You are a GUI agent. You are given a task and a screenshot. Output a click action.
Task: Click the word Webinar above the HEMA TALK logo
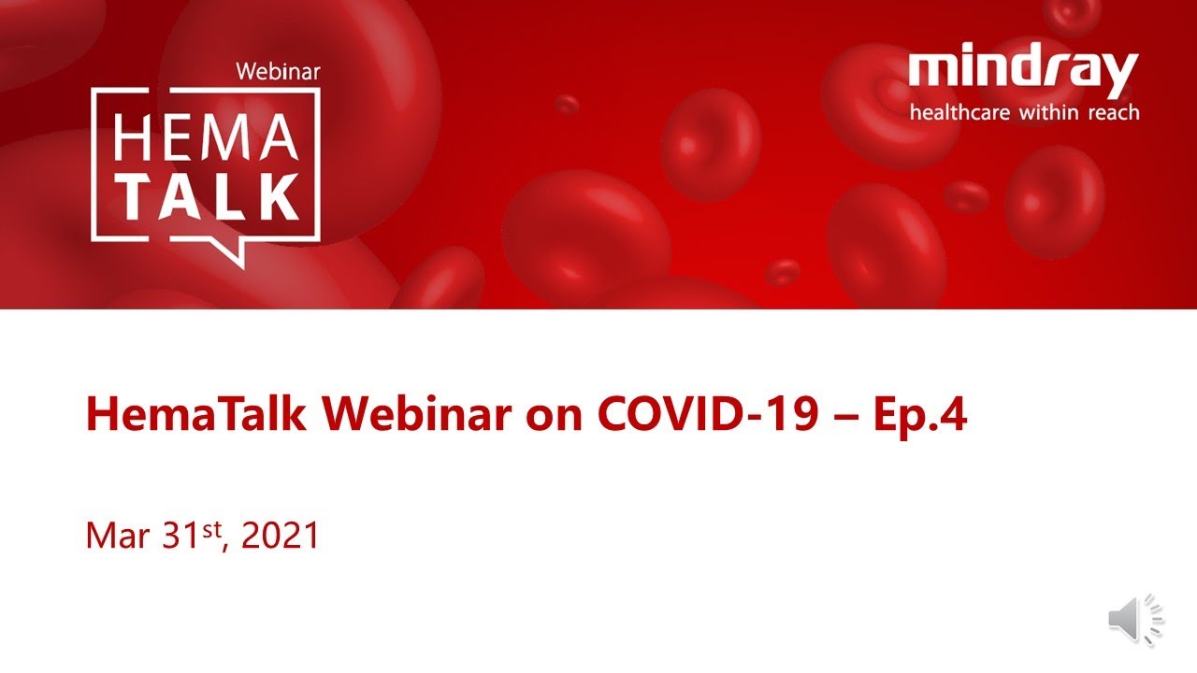click(278, 72)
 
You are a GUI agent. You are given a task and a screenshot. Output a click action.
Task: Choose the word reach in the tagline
click(1114, 113)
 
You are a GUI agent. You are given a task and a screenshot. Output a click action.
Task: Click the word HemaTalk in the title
click(196, 413)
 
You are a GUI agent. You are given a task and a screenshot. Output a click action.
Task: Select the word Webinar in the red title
click(416, 413)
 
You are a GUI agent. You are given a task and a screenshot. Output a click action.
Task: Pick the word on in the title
click(554, 419)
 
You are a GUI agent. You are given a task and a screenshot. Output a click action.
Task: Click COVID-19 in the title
click(708, 413)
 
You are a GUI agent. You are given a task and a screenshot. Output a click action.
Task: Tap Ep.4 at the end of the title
click(920, 416)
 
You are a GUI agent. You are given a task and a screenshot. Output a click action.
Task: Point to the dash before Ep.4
click(846, 418)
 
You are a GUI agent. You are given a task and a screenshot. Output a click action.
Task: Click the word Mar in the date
click(118, 536)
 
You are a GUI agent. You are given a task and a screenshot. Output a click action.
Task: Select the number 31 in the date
click(180, 536)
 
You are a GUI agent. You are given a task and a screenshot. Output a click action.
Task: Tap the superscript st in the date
click(211, 529)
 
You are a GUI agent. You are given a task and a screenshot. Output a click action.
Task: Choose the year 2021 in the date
click(280, 536)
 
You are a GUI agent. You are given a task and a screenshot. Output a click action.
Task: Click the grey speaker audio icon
click(1135, 620)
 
